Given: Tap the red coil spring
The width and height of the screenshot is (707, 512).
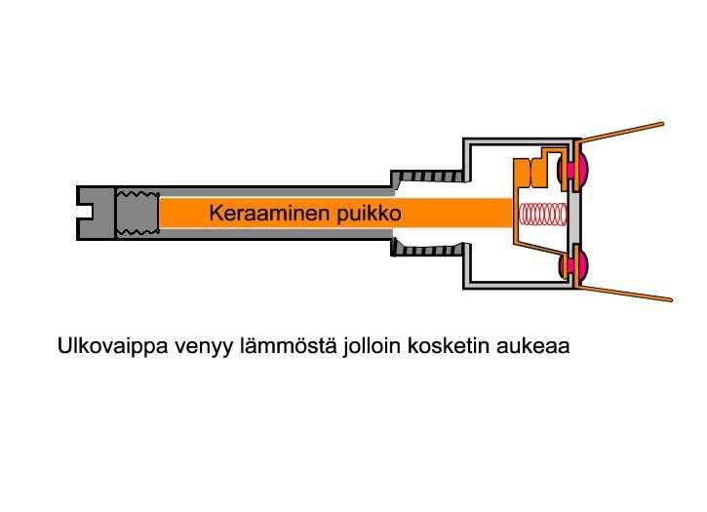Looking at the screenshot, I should tap(542, 214).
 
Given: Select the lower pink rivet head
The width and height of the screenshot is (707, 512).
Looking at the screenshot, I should tap(576, 265).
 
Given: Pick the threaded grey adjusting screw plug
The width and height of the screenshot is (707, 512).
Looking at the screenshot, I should tap(137, 213).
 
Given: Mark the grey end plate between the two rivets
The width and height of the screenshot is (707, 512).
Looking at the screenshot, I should tap(577, 217).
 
